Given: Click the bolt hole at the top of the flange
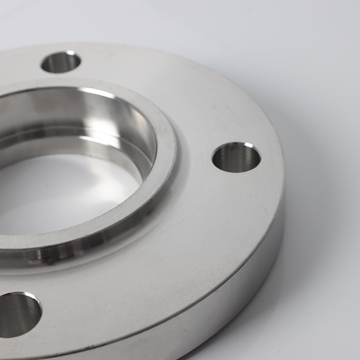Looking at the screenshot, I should (x=61, y=62).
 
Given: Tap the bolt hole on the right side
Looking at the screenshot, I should (x=236, y=157).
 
